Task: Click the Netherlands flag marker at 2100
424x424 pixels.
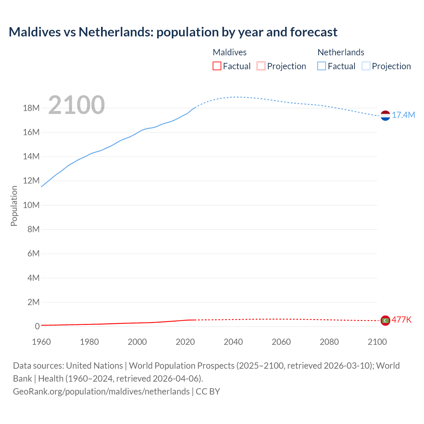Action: pyautogui.click(x=385, y=116)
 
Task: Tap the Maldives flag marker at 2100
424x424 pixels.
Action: pyautogui.click(x=385, y=320)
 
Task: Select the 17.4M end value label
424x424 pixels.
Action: pyautogui.click(x=403, y=115)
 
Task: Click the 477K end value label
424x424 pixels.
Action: pyautogui.click(x=401, y=320)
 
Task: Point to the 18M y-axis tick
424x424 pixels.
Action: pyautogui.click(x=31, y=108)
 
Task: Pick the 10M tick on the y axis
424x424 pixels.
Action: pyautogui.click(x=31, y=205)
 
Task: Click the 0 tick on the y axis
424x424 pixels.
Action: pyautogui.click(x=37, y=326)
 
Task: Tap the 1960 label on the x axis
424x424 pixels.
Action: pyautogui.click(x=41, y=342)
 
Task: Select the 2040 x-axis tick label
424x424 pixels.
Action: pyautogui.click(x=233, y=342)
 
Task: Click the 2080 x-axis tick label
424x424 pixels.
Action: pyautogui.click(x=329, y=342)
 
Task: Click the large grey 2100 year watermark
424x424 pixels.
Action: pyautogui.click(x=77, y=105)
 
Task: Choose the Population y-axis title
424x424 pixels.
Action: pyautogui.click(x=14, y=206)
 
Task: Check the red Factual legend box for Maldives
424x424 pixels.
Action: pyautogui.click(x=217, y=66)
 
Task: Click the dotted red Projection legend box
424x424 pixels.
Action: pyautogui.click(x=261, y=66)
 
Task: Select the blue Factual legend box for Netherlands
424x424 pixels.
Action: pyautogui.click(x=322, y=66)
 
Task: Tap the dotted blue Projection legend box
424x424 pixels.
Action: pyautogui.click(x=366, y=66)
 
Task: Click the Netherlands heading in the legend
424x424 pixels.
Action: pyautogui.click(x=341, y=52)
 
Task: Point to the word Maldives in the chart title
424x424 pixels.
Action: pyautogui.click(x=35, y=32)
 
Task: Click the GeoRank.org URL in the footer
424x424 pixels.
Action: pyautogui.click(x=101, y=392)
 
